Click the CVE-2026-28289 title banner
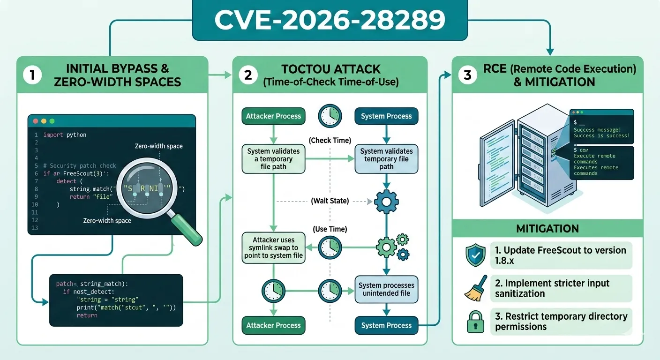point(330,20)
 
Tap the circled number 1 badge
point(32,75)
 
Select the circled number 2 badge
point(248,75)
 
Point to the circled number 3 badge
point(467,75)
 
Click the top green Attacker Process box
point(274,116)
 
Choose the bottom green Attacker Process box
point(274,325)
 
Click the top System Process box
point(386,116)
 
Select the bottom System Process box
point(386,325)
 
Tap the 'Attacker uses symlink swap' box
point(274,247)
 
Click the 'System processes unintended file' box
point(386,289)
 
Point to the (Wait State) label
point(330,201)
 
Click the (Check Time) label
point(330,140)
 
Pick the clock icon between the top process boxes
point(330,116)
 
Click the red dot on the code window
point(35,120)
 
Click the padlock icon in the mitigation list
point(475,322)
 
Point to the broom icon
point(475,288)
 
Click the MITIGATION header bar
point(547,229)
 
